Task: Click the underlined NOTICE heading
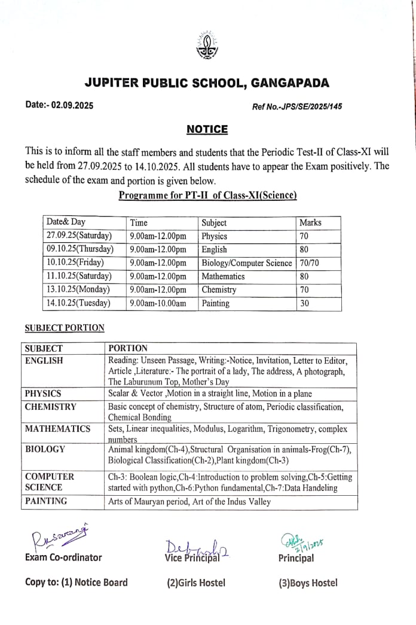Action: (x=207, y=129)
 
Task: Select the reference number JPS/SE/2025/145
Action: (x=297, y=107)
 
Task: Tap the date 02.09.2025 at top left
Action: (x=60, y=105)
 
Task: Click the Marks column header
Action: (x=310, y=222)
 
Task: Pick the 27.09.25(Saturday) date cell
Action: (x=79, y=236)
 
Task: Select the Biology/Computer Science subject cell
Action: (x=246, y=263)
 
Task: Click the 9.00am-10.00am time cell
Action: (x=158, y=303)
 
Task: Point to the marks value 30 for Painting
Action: (x=304, y=303)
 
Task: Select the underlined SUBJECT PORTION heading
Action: (x=65, y=328)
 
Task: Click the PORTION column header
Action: (x=128, y=348)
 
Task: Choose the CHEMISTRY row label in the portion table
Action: (x=51, y=407)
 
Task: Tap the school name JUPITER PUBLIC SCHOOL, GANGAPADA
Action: (x=207, y=83)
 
